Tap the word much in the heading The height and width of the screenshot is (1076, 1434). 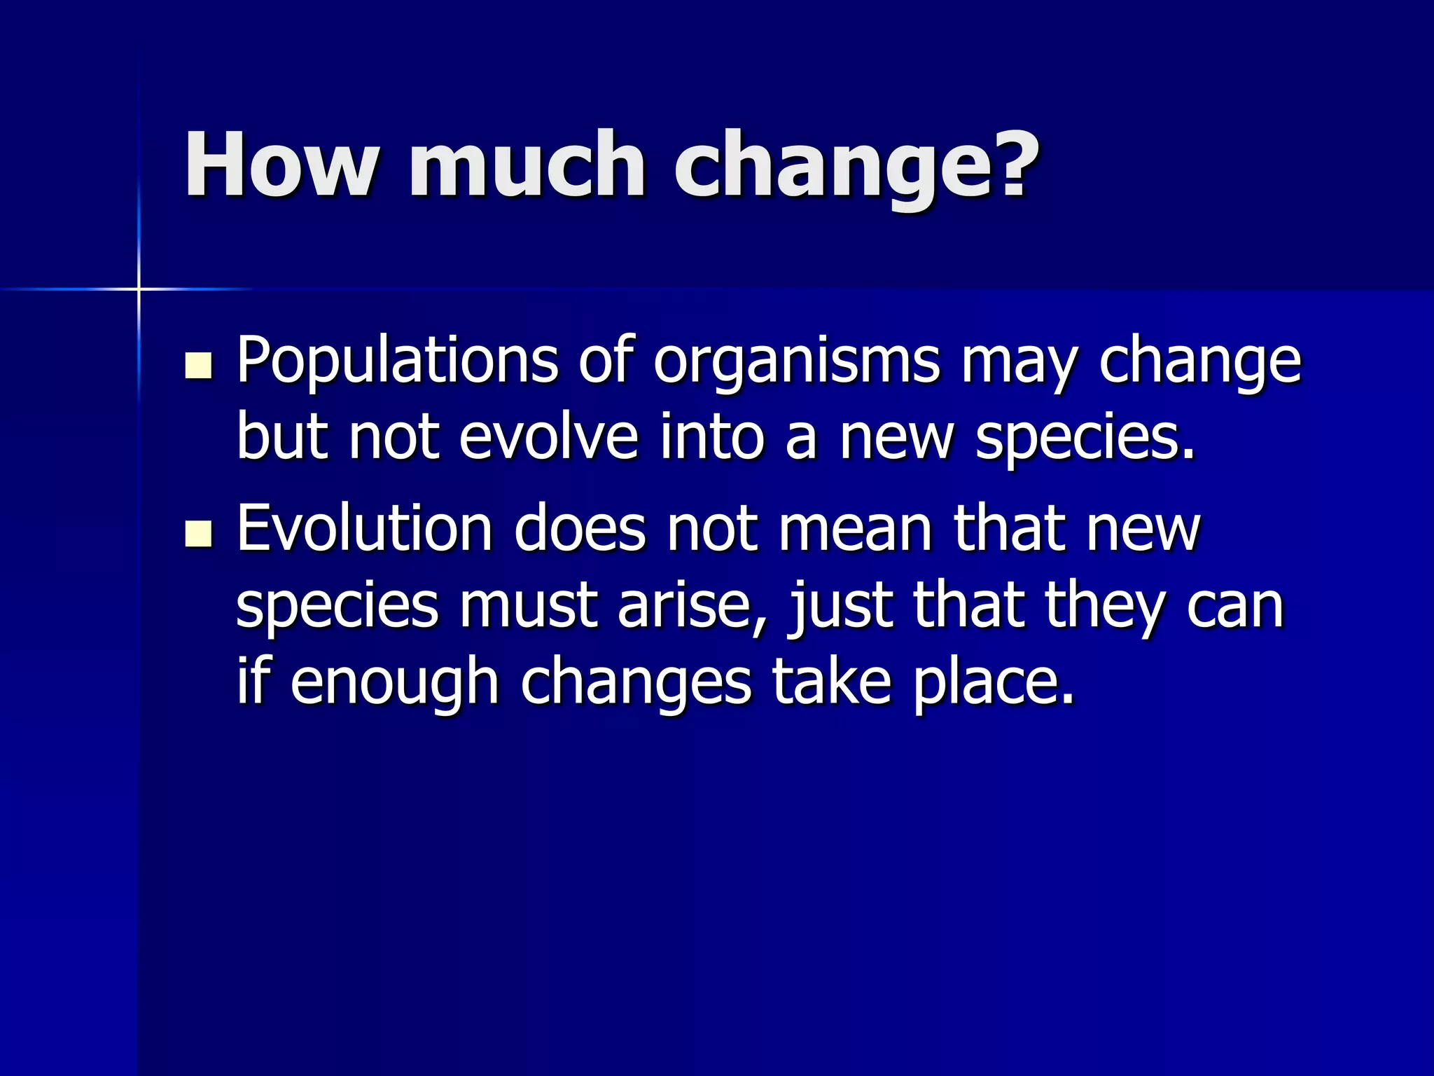tap(526, 165)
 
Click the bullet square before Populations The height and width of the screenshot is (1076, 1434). tap(199, 366)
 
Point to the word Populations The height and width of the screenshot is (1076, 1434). tap(396, 361)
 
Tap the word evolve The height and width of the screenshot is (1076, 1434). tap(548, 438)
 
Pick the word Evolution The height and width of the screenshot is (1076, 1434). tap(364, 529)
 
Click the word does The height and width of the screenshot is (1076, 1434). tap(580, 529)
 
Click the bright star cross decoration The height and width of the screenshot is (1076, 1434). tap(139, 289)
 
